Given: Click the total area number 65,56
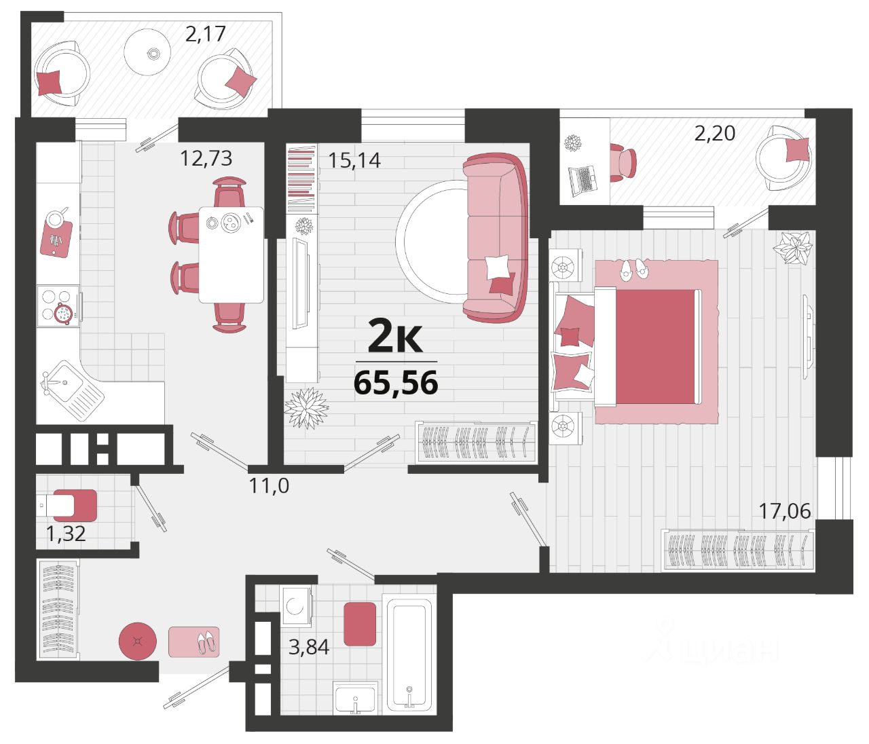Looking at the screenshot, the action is (396, 384).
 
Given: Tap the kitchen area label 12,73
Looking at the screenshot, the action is (206, 158).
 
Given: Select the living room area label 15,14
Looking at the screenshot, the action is (354, 160).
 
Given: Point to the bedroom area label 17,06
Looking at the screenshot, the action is (785, 510).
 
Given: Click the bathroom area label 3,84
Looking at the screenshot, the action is (309, 647).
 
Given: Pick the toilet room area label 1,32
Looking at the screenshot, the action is (66, 534).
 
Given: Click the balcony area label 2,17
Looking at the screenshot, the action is (205, 33).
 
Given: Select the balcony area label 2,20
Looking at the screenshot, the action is (714, 133).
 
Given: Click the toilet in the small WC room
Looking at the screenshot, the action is (69, 504).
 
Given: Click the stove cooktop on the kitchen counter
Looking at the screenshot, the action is (58, 305).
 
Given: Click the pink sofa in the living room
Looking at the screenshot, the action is (496, 238).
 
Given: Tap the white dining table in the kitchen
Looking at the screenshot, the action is (231, 255).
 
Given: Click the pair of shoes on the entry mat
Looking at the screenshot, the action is (206, 641).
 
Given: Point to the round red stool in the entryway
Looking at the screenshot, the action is (138, 640).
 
